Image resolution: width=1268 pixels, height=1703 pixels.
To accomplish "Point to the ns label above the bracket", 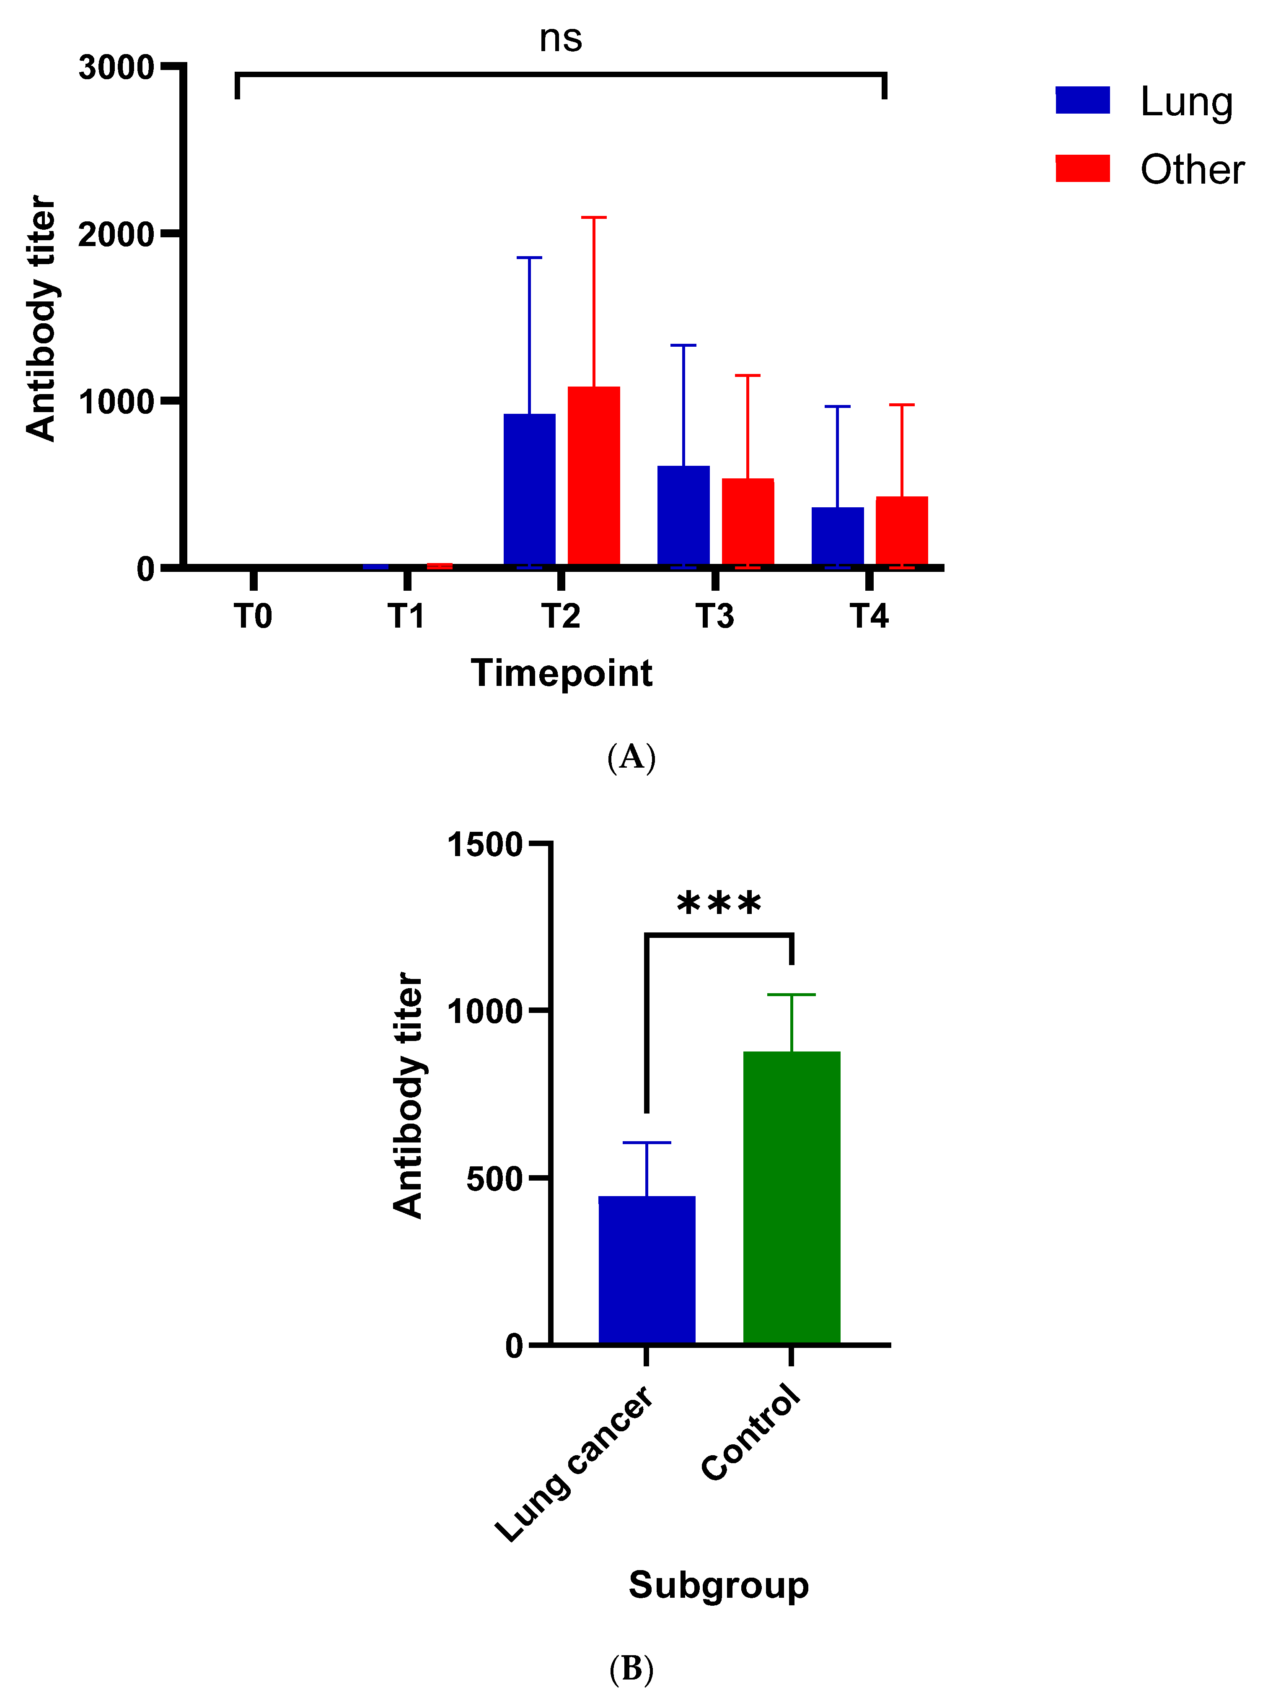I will pyautogui.click(x=560, y=39).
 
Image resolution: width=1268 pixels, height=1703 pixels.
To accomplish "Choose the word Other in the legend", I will pyautogui.click(x=1191, y=170).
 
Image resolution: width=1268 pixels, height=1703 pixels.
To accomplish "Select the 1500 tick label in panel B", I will pyautogui.click(x=484, y=845).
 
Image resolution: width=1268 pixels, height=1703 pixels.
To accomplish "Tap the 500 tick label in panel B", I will pyautogui.click(x=494, y=1179).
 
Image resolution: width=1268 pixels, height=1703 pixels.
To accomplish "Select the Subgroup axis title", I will pyautogui.click(x=718, y=1585).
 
